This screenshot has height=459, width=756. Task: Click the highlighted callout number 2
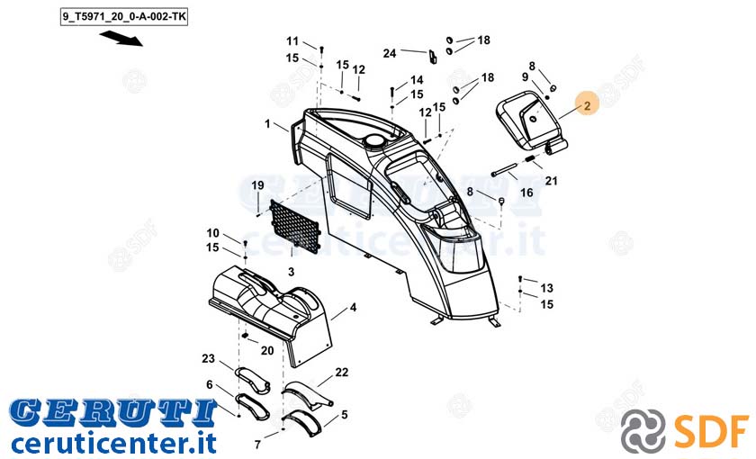(587, 105)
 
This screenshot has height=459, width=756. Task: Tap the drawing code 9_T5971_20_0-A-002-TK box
(124, 17)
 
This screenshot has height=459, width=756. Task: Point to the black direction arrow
(121, 39)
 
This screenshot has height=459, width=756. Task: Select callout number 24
(390, 53)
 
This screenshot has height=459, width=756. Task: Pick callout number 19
(258, 185)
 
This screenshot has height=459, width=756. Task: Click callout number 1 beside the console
(267, 124)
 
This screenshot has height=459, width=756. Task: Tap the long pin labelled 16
(504, 170)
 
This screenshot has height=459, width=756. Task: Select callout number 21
(551, 181)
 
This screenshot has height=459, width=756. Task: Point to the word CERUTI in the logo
(112, 413)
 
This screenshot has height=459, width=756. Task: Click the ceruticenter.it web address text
(114, 443)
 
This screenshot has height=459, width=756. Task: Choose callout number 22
(341, 373)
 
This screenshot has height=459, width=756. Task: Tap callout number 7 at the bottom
(257, 444)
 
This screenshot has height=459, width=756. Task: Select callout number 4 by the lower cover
(353, 307)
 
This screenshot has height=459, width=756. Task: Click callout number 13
(546, 288)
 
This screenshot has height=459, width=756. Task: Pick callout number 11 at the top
(292, 41)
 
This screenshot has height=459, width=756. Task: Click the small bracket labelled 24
(433, 57)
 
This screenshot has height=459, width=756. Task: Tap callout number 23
(208, 358)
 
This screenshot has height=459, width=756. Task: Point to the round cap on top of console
(374, 140)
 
